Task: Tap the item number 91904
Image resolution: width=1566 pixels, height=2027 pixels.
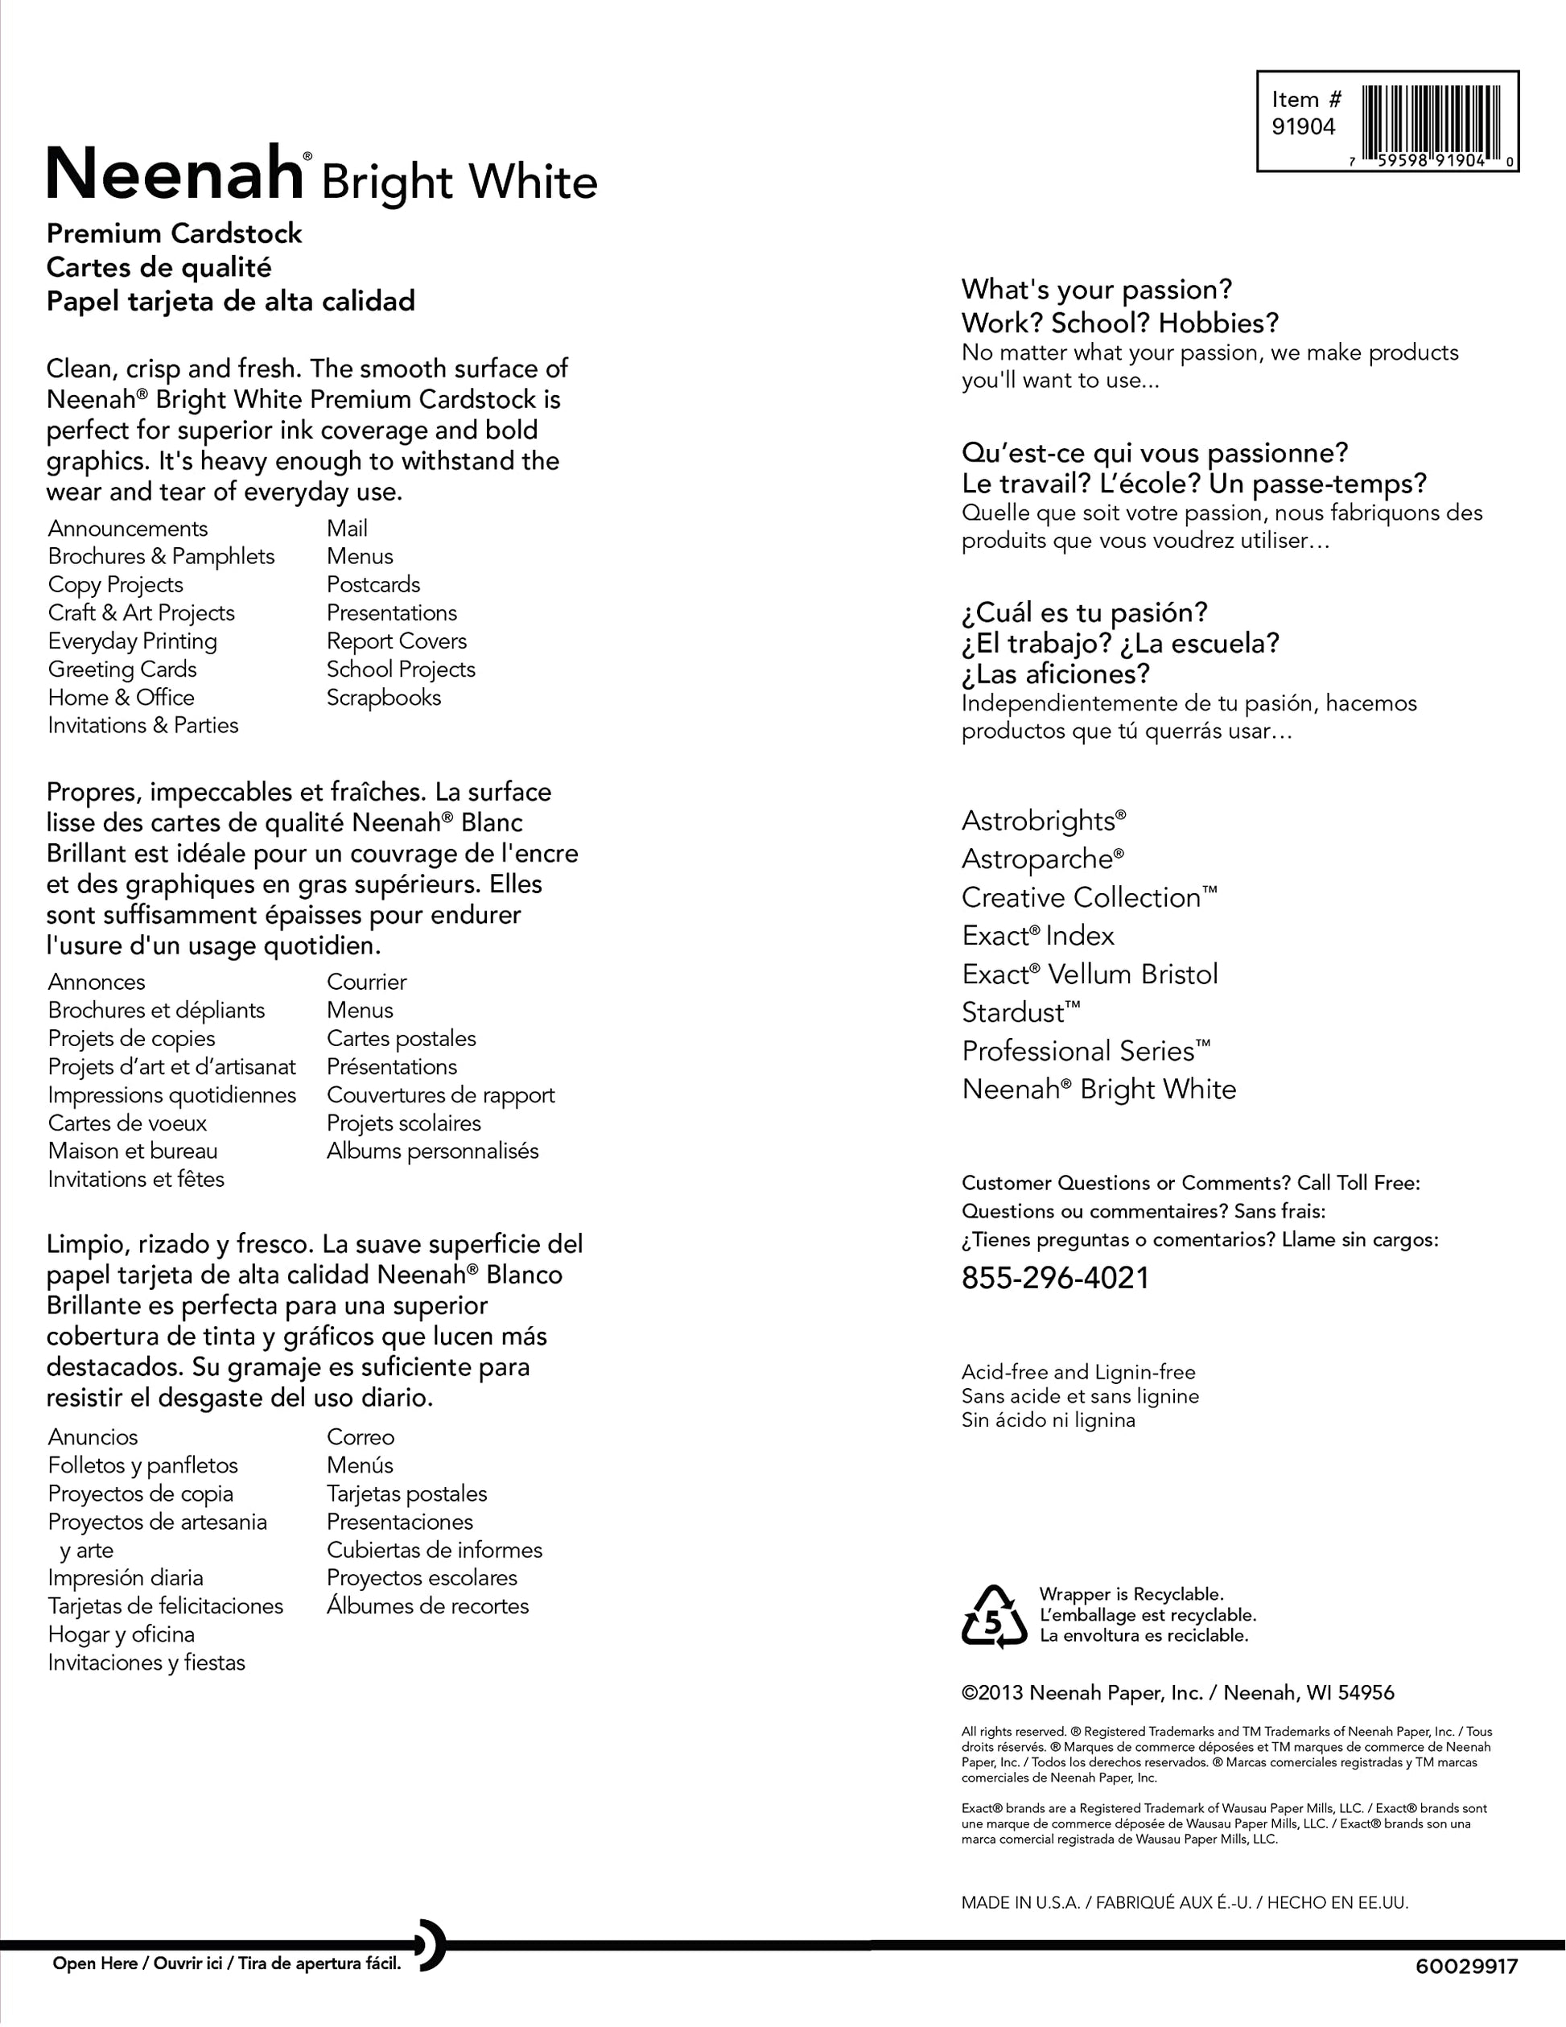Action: [x=1302, y=127]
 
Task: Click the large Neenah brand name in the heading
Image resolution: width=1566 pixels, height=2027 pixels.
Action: [x=174, y=174]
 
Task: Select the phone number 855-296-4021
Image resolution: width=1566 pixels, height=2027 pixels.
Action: [x=1054, y=1278]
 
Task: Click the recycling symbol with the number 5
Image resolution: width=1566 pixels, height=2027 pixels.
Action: [x=993, y=1616]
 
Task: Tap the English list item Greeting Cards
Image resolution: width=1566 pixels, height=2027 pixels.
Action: [x=122, y=669]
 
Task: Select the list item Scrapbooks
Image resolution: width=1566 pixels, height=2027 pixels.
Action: [x=383, y=697]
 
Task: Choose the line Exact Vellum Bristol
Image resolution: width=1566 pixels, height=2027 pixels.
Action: [x=1089, y=974]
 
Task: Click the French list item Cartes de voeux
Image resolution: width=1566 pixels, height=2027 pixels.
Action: [x=127, y=1123]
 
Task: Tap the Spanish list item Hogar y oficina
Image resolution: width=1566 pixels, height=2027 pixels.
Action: [x=121, y=1634]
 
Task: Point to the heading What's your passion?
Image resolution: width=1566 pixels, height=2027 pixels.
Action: [x=1096, y=290]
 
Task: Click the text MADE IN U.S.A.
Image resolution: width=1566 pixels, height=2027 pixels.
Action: [x=1020, y=1902]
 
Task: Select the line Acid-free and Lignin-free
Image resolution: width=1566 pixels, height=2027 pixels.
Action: [x=1078, y=1372]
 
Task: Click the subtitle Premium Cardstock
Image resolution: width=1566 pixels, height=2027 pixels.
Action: [x=174, y=234]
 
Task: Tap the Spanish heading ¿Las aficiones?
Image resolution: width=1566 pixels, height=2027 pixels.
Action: [x=1056, y=674]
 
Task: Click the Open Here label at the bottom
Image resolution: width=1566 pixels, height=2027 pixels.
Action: [x=95, y=1963]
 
